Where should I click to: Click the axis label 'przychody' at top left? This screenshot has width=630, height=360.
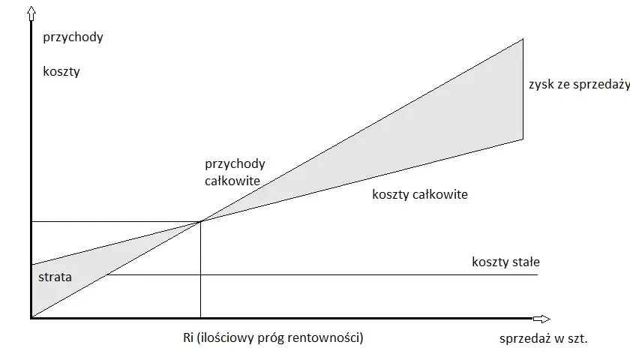(73, 37)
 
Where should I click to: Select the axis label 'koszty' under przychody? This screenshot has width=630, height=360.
(61, 71)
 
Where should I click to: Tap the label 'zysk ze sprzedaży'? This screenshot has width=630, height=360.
(579, 84)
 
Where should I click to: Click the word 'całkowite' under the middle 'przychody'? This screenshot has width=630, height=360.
(232, 181)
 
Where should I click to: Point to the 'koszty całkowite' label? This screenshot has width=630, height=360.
(420, 194)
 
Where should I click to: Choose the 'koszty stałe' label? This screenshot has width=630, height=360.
(505, 262)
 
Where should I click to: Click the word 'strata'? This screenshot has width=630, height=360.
(55, 277)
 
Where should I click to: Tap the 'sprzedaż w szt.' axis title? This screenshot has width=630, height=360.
(544, 338)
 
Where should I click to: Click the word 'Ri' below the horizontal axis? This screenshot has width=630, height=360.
(188, 337)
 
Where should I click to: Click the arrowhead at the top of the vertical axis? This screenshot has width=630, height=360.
(31, 14)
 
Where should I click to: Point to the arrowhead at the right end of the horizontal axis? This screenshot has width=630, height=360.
(542, 319)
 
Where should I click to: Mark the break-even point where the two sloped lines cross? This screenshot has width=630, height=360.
(200, 221)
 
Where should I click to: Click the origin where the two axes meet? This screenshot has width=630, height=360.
(31, 318)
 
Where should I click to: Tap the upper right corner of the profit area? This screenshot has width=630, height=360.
(523, 39)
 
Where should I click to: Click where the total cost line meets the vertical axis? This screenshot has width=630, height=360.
(31, 264)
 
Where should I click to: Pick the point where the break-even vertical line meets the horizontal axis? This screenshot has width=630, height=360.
(200, 318)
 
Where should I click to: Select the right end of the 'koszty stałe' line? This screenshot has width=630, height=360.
(538, 274)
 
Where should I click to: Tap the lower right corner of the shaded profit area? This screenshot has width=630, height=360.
(523, 139)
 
